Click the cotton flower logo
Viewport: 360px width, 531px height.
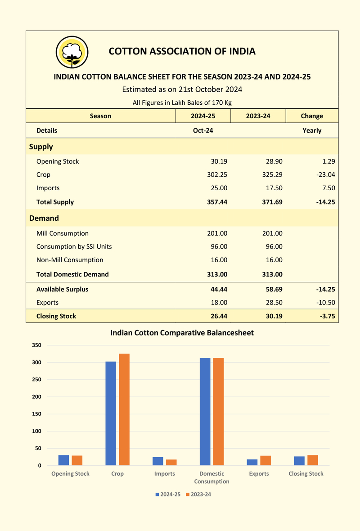(x=72, y=53)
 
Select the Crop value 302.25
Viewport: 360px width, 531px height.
(x=217, y=175)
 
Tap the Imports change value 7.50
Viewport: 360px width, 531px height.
(x=328, y=188)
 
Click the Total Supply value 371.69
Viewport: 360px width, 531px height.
(x=272, y=202)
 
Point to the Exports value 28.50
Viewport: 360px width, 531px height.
(x=274, y=303)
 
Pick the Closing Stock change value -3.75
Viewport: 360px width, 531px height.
(x=327, y=316)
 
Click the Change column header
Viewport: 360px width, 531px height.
(x=312, y=116)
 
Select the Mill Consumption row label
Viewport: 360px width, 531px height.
(x=63, y=233)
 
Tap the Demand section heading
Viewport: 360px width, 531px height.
(x=44, y=218)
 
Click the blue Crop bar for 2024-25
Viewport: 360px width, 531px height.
(x=111, y=414)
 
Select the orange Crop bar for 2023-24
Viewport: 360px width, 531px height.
(x=124, y=410)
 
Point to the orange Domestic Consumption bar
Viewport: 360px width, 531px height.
(x=218, y=411)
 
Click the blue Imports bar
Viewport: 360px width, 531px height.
(x=158, y=461)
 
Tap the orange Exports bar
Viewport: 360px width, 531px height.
(x=265, y=460)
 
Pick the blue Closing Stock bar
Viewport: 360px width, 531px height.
(x=299, y=461)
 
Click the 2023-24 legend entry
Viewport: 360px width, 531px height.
(x=198, y=495)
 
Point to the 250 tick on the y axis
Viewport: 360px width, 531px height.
(x=36, y=379)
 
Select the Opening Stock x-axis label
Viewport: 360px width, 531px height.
(x=71, y=474)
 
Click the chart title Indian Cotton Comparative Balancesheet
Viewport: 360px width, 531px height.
(x=182, y=333)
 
